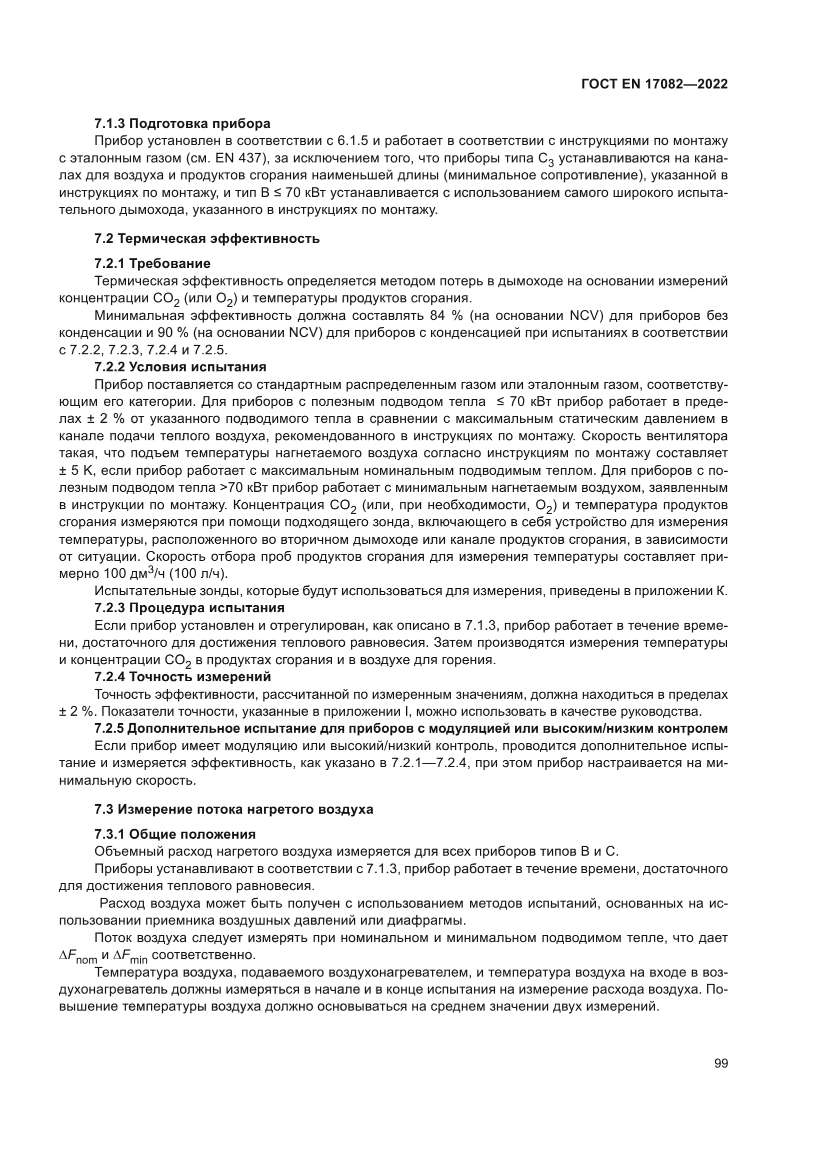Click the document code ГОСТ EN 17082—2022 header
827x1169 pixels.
pyautogui.click(x=654, y=84)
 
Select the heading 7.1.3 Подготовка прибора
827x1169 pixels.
pyautogui.click(x=182, y=123)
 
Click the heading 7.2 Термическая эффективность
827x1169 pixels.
pyautogui.click(x=207, y=238)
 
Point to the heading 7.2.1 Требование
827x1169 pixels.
pyautogui.click(x=152, y=263)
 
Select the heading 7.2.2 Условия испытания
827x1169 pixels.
pyautogui.click(x=180, y=366)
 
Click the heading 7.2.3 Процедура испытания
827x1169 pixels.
pyautogui.click(x=189, y=608)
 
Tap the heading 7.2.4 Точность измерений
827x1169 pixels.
pyautogui.click(x=183, y=677)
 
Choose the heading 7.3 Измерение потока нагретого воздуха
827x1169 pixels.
pyautogui.click(x=233, y=809)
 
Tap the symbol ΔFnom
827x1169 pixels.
pyautogui.click(x=78, y=956)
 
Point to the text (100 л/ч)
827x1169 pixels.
pyautogui.click(x=198, y=574)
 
